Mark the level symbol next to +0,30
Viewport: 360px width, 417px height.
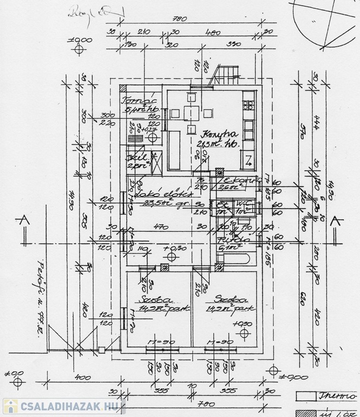[167, 257]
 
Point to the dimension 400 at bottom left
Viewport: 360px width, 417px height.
[83, 377]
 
